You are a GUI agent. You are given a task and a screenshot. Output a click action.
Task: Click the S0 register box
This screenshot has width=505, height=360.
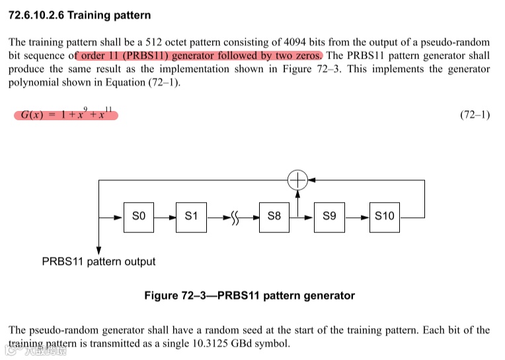tap(139, 216)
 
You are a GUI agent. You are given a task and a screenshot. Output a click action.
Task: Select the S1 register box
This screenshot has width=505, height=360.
tap(192, 216)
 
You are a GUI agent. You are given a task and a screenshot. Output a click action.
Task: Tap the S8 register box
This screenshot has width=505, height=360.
tap(274, 216)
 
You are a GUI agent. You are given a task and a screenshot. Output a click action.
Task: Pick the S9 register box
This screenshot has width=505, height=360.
tap(329, 216)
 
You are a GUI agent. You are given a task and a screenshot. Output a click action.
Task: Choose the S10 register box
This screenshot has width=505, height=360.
tap(385, 216)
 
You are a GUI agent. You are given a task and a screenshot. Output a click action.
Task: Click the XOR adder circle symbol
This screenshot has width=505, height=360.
tap(298, 179)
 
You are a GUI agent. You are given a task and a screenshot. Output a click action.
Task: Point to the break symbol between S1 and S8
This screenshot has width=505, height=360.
tap(236, 217)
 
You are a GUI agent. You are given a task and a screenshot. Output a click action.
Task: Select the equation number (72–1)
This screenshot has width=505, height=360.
tap(475, 115)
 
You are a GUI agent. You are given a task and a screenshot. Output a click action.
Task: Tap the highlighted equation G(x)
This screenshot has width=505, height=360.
tap(66, 114)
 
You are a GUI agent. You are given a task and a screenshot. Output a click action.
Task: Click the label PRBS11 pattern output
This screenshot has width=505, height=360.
tap(98, 262)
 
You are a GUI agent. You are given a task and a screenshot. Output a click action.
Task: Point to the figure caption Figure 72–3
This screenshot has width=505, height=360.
tap(249, 296)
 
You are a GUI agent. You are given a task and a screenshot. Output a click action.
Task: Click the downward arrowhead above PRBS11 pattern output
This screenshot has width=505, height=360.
tap(98, 250)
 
